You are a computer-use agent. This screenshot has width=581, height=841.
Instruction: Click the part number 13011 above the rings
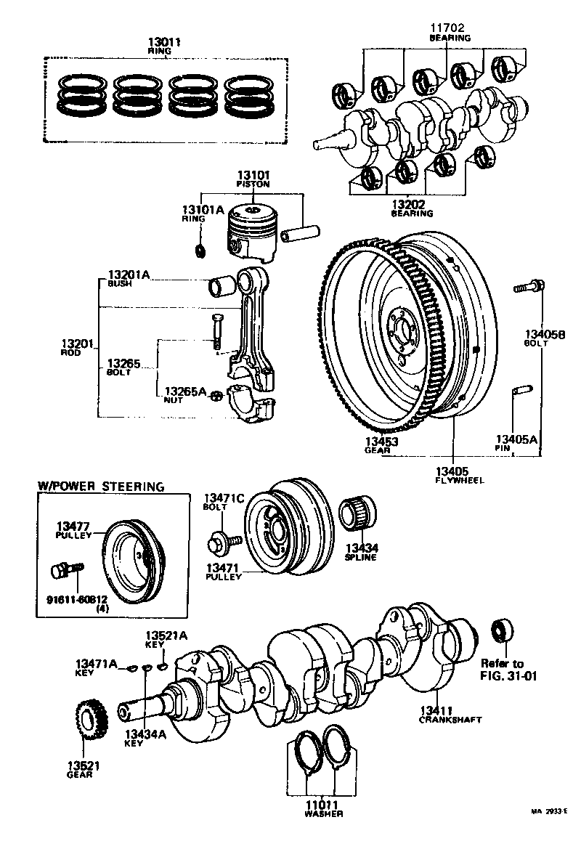[163, 42]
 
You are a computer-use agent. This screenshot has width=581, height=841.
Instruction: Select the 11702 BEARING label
[449, 32]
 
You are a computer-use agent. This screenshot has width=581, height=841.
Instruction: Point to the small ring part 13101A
[201, 251]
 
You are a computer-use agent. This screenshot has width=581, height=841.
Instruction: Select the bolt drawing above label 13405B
[527, 287]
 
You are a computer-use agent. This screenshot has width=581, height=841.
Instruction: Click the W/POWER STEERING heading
[100, 486]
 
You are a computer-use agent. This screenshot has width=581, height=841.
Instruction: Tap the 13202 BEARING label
[412, 208]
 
